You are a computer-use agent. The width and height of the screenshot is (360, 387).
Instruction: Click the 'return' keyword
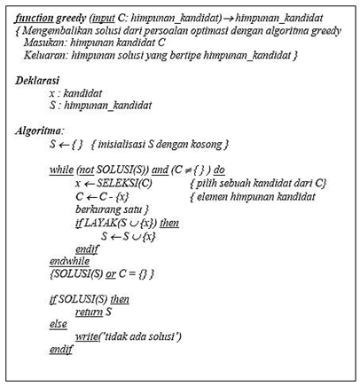87,312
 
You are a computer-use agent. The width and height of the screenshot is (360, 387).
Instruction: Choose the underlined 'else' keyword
59,324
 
